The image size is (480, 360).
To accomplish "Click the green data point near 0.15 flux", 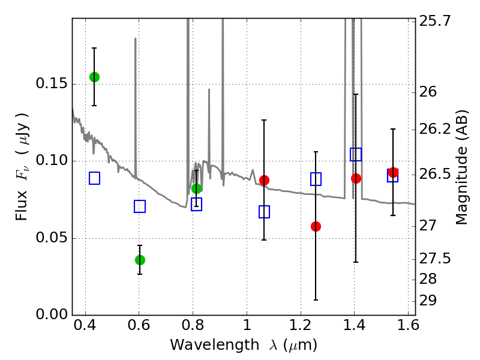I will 94,77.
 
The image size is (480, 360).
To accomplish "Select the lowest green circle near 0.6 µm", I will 140,260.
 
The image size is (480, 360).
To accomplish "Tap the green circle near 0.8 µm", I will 196,188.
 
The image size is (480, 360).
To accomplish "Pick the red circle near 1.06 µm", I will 264,180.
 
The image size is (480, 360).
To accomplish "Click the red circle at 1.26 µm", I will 316,226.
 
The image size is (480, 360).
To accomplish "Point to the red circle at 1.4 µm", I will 356,178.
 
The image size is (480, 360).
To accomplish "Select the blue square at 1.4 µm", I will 356,155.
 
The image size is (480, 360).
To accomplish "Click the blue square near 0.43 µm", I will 94,178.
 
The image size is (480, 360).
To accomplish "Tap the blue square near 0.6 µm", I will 140,206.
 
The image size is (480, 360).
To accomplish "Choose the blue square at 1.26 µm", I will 316,179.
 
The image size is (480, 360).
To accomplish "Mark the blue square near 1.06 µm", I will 264,212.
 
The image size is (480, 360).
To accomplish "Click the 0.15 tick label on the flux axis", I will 52,83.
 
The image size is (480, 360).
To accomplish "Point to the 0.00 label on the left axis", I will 52,315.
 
